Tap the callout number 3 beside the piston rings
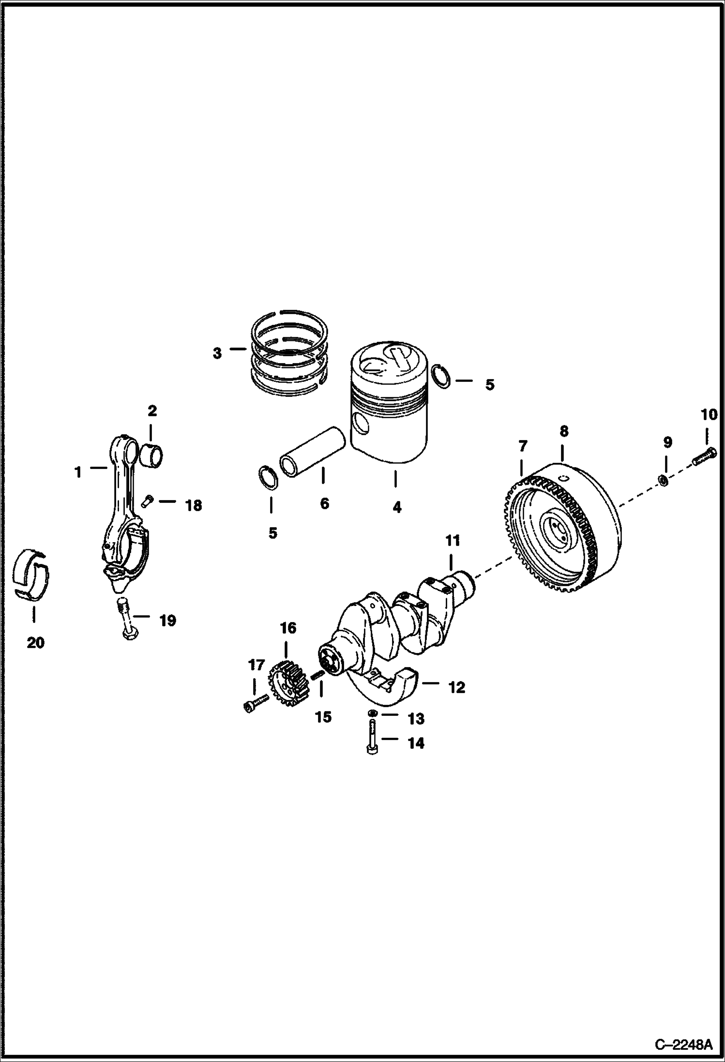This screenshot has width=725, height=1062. tap(217, 353)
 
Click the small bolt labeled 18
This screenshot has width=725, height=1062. tap(148, 501)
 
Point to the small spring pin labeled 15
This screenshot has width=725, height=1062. tap(317, 675)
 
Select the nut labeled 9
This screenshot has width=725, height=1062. tap(663, 480)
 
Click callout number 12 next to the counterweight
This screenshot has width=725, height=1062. tap(456, 686)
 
